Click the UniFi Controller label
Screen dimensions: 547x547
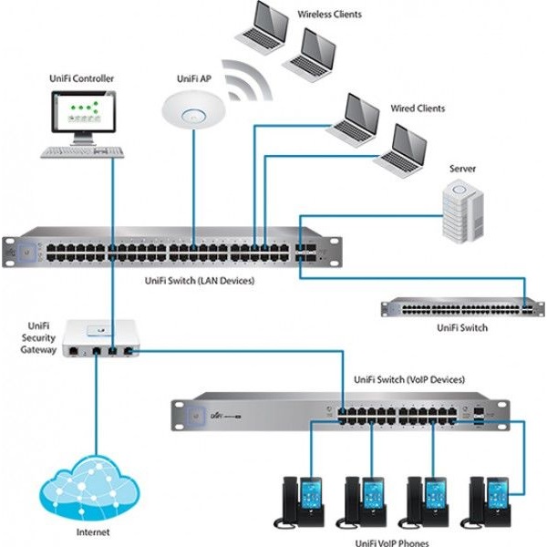[81, 79]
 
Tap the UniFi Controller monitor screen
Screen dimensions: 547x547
[81, 115]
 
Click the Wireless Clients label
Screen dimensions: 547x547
[329, 15]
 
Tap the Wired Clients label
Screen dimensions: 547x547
[418, 108]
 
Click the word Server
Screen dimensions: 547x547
[462, 169]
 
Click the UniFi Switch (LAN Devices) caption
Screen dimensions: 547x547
[201, 282]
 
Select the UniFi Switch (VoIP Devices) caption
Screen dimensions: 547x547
[408, 379]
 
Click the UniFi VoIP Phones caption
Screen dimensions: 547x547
[387, 540]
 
